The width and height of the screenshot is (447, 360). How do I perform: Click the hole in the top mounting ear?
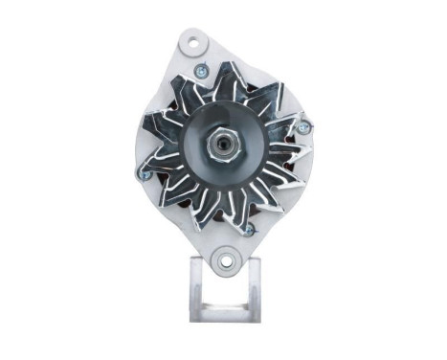(x=197, y=43)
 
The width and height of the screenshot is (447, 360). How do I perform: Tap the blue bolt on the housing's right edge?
(x=302, y=127)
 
